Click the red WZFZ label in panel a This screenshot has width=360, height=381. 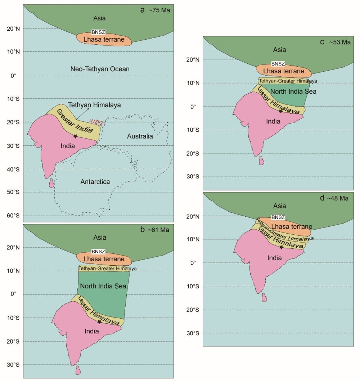(x=97, y=124)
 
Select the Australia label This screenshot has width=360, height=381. (x=140, y=136)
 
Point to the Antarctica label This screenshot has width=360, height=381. (x=95, y=182)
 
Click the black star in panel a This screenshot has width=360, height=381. (x=75, y=136)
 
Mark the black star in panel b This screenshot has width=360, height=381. (x=99, y=322)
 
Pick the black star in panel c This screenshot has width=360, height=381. (x=280, y=111)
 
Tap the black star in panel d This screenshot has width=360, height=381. (x=281, y=247)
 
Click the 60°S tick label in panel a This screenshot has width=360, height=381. (x=14, y=216)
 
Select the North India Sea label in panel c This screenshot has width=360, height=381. (x=293, y=92)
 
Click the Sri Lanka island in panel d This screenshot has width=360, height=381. (x=264, y=297)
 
